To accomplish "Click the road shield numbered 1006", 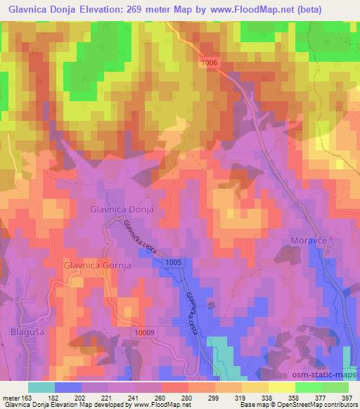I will (x=210, y=63).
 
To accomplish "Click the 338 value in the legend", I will (x=266, y=397).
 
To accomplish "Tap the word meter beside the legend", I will (x=12, y=397).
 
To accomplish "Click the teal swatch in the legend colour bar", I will (x=41, y=387).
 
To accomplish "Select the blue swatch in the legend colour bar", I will (x=67, y=387).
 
